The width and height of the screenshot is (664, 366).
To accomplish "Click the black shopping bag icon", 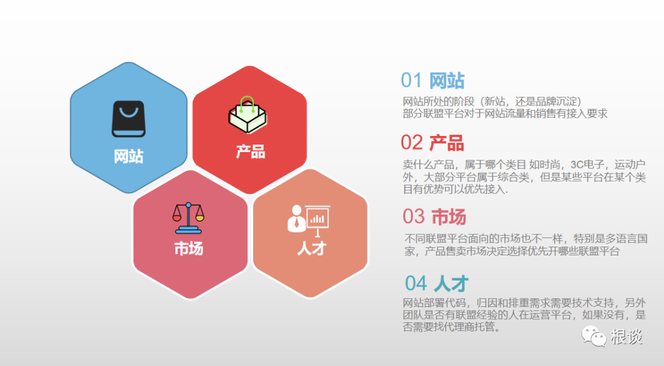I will tap(128, 119).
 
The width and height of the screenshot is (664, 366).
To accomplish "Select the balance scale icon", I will tap(188, 217).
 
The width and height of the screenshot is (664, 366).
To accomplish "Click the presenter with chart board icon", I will tap(309, 220).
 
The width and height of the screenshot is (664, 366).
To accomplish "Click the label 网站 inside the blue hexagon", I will tap(128, 156).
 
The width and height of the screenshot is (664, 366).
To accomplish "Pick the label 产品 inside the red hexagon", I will tap(250, 151).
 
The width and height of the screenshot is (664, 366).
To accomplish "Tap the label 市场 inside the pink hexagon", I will tap(188, 249).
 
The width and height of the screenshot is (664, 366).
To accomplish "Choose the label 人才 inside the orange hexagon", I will tap(311, 249).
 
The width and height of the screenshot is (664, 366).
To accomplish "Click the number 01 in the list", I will tap(411, 81).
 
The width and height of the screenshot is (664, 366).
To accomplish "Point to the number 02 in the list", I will tap(411, 143).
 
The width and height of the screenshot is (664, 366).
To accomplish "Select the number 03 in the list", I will tap(414, 217).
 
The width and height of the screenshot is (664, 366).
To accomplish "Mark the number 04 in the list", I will tap(416, 284).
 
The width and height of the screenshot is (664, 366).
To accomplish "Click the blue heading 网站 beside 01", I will tap(446, 81).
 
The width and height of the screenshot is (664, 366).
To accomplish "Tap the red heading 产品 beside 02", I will tap(446, 143).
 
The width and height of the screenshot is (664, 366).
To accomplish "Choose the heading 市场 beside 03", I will tap(448, 217).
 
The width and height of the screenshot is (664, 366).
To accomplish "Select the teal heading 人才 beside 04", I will tap(451, 284).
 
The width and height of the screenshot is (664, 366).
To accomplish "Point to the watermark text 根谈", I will tap(626, 336).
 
